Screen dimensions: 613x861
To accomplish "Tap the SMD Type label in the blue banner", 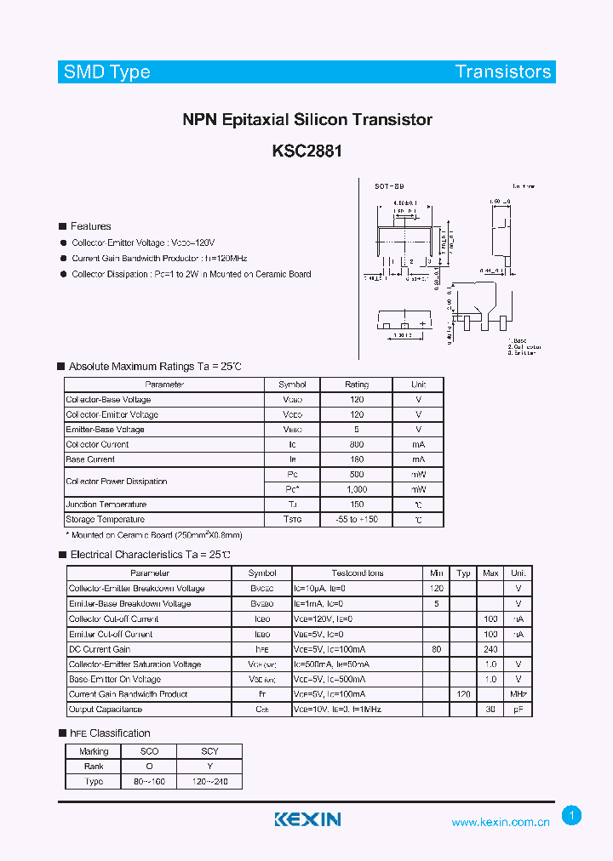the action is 106,72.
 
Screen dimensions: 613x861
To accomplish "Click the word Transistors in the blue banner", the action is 502,72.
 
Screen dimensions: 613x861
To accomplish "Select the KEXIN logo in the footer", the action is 307,819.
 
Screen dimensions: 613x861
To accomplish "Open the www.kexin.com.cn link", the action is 501,822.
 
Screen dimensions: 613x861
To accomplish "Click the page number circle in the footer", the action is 572,816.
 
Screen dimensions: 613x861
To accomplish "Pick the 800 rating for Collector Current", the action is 357,445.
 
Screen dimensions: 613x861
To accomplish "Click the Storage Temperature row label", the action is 106,520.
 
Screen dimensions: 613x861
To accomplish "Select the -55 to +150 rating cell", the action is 357,520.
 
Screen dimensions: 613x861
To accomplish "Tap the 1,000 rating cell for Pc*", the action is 357,490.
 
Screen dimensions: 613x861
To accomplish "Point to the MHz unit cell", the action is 518,694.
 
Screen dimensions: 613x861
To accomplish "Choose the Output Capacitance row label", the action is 106,710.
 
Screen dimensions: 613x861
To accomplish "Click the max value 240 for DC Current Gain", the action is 490,649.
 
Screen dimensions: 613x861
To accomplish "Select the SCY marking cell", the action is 209,751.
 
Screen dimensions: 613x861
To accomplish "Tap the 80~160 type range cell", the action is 150,782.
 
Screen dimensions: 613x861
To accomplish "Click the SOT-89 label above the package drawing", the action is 389,185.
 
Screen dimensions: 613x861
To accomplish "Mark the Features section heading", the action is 90,226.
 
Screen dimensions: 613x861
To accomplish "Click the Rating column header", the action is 357,385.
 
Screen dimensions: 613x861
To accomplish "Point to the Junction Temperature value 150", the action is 357,505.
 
